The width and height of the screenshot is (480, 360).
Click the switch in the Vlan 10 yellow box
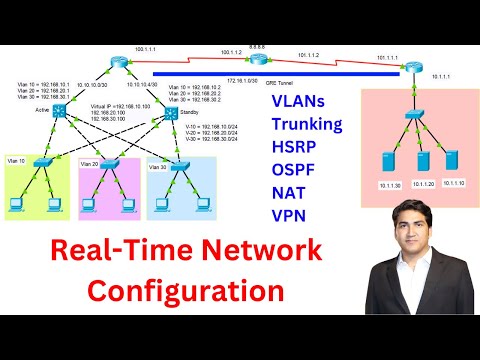tap(42, 162)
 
